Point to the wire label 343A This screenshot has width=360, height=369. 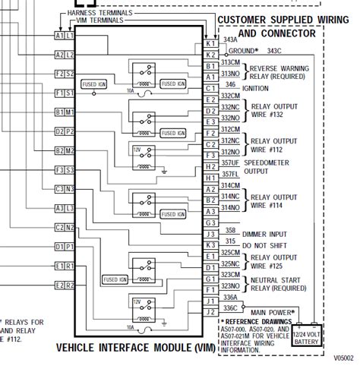tap(230, 36)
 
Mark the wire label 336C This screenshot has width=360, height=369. tap(230, 307)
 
